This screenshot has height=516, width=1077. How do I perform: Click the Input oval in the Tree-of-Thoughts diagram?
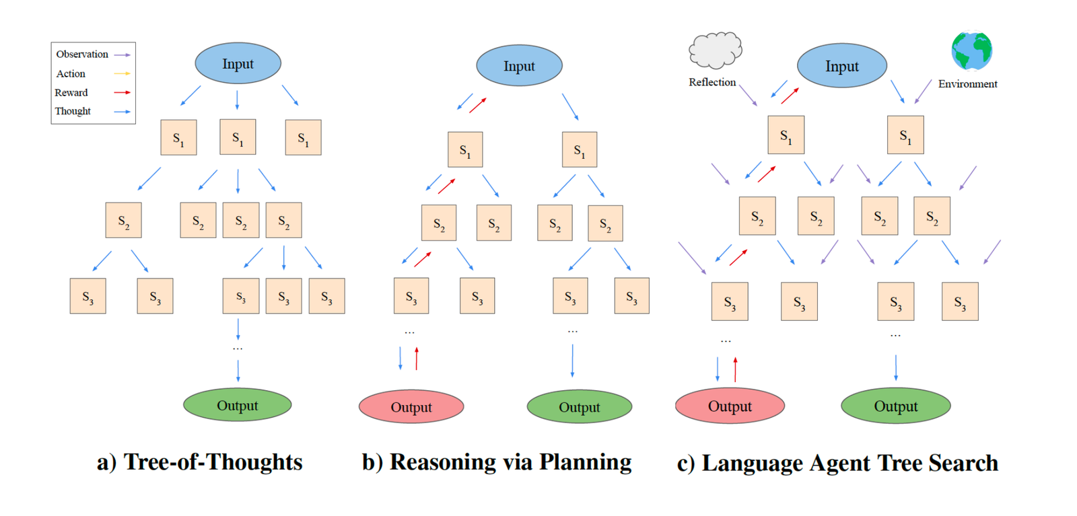tap(238, 63)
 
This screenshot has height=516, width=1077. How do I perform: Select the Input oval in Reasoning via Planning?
tap(519, 66)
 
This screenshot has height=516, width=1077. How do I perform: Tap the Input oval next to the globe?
tap(842, 66)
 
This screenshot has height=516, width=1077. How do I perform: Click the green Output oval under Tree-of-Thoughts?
tap(238, 405)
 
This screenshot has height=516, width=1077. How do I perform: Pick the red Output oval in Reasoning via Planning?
tap(411, 407)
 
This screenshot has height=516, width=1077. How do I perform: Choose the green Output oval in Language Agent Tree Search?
tap(896, 406)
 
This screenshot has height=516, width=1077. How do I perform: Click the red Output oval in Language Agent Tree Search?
tap(730, 406)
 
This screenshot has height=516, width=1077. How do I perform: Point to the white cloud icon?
tap(716, 50)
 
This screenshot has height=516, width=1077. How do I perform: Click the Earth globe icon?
tap(972, 50)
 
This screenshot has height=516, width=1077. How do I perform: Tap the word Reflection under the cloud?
tap(712, 82)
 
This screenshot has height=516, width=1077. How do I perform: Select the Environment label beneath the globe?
tap(967, 84)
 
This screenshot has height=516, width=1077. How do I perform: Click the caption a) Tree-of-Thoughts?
tap(199, 462)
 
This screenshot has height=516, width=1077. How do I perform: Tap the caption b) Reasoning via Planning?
tap(497, 462)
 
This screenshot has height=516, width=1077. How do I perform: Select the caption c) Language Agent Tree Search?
tap(837, 463)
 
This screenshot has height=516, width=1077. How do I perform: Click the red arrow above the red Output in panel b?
tap(417, 359)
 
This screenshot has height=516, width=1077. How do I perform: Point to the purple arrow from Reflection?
tap(748, 95)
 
